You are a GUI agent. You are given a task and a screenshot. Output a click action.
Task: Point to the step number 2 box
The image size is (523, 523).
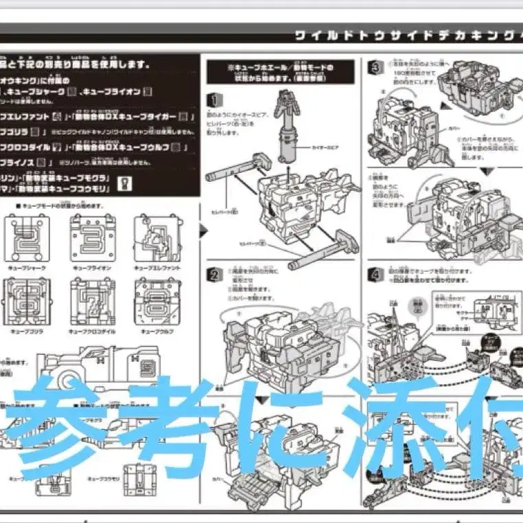214,275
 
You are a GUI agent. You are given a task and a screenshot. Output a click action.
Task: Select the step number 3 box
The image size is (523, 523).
375,67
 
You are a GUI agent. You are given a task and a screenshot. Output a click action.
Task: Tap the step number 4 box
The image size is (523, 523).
375,274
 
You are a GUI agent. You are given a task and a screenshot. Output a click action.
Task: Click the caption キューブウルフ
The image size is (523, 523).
157,331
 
